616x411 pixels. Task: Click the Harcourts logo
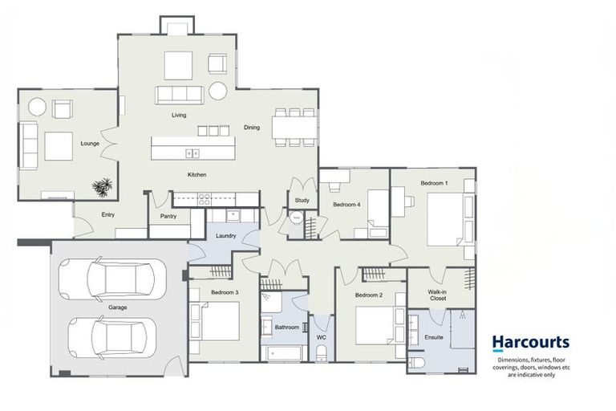(530, 344)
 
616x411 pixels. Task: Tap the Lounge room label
(89, 144)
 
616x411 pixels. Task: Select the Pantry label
(168, 216)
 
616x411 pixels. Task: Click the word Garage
(117, 307)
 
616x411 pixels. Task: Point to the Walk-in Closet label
(437, 295)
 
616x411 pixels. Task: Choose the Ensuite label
(433, 337)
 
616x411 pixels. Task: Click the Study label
(302, 200)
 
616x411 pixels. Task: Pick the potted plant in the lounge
(102, 187)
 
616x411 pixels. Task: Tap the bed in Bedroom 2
(373, 326)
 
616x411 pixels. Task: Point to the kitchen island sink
(192, 153)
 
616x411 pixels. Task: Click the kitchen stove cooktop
(204, 200)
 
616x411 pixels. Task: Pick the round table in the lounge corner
(37, 106)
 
